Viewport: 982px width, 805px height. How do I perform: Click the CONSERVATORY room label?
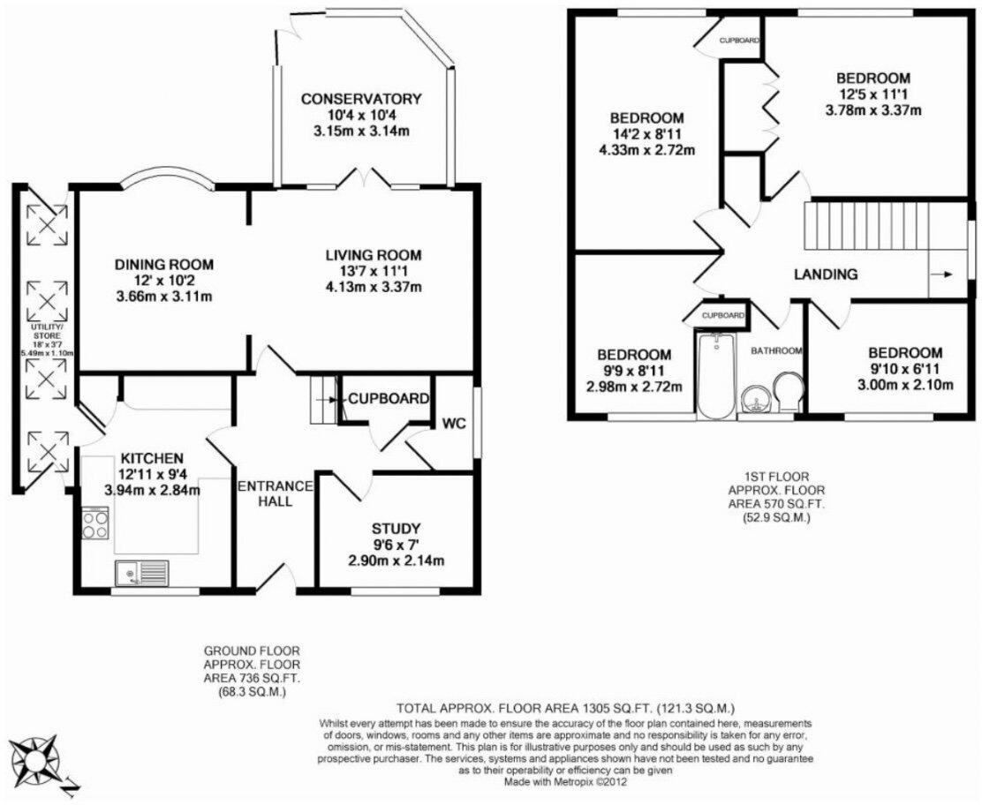pos(360,98)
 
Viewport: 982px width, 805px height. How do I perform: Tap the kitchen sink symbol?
pos(141,574)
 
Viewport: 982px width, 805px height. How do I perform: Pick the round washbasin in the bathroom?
pos(755,400)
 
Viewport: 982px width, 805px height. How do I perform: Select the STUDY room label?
pos(396,529)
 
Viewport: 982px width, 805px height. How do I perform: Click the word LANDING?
pos(826,275)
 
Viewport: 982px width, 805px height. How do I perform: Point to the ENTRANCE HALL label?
pos(275,493)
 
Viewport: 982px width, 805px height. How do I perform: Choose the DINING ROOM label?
pos(164,263)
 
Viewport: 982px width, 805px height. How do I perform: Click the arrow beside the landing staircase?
pos(948,275)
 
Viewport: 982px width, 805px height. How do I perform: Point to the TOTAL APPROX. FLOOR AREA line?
pos(565,708)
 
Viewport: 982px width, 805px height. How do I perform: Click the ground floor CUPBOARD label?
pos(388,398)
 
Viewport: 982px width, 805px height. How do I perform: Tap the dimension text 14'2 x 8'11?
pos(646,134)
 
